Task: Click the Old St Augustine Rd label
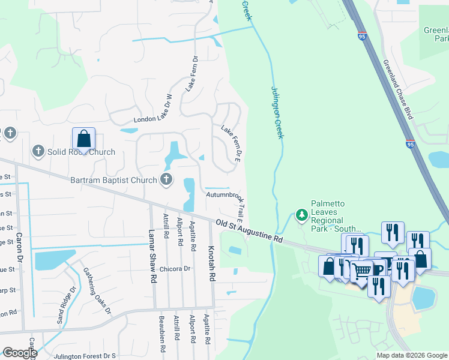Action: pos(249,230)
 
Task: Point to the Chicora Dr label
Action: pos(175,269)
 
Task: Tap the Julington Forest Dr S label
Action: pos(85,356)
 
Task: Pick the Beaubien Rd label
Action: pos(161,329)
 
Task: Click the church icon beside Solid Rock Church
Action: pos(38,151)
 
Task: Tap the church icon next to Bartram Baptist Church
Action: pos(166,179)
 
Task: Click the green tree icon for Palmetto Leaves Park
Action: pos(301,215)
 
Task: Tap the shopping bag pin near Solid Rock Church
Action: pos(83,139)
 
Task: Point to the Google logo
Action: pos(20,352)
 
